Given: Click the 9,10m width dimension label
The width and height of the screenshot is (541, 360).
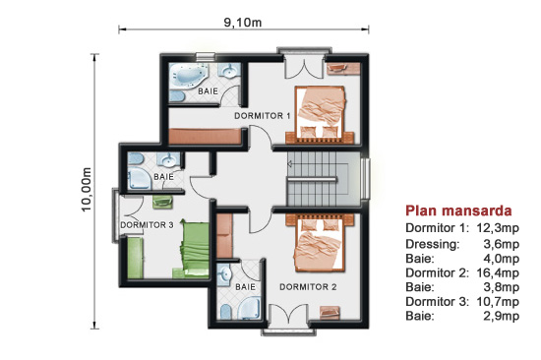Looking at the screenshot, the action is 243,23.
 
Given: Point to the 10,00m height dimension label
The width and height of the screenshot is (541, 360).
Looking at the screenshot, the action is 87,190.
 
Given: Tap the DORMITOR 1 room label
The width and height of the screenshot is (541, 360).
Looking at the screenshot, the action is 263,116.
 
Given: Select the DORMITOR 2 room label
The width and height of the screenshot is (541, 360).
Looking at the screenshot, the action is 308,287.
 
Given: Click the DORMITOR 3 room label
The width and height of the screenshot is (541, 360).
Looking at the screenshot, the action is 147,225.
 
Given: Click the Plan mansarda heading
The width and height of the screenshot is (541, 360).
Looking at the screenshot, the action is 458,210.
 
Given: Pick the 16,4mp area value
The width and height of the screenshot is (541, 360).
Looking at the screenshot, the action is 498,272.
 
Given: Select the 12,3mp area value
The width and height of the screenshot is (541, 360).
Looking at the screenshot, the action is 498,228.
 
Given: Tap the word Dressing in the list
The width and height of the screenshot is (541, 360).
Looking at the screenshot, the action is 433,244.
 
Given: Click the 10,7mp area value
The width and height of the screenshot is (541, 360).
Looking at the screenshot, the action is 498,302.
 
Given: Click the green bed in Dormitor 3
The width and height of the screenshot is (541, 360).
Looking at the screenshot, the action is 194,249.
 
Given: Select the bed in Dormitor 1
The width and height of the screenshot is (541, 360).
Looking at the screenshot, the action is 320,115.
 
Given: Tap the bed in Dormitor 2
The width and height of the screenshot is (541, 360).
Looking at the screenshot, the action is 320,243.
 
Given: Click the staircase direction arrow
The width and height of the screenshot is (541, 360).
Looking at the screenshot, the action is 290,163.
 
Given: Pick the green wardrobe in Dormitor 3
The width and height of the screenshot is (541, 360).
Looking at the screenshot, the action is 136,258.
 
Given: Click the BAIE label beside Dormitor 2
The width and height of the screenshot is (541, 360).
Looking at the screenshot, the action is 245,287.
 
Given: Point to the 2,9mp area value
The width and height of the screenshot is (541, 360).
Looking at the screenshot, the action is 501,316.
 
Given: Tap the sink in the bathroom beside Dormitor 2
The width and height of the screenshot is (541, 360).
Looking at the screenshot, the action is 224,275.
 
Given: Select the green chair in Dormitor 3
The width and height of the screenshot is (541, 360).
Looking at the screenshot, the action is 162,202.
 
